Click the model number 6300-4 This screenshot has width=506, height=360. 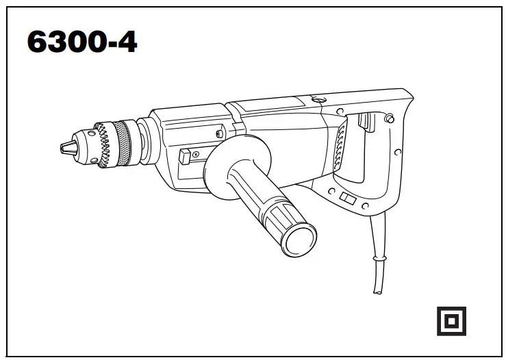pos(81,42)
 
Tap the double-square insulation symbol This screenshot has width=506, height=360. pos(451,320)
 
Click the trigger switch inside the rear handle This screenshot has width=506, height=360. pos(365,123)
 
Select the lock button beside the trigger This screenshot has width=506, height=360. pos(389,119)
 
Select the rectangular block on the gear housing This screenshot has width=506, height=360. pos(186,157)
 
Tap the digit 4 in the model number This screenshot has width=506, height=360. pos(125,42)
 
